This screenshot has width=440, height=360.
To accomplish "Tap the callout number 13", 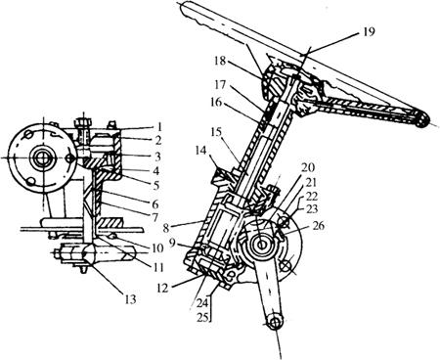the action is point(130,299).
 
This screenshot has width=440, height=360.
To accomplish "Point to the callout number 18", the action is point(220,61).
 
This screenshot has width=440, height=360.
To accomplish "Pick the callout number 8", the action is point(166,228).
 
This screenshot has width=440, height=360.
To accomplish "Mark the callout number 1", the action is point(158,126).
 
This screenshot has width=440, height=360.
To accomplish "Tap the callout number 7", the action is point(155,217).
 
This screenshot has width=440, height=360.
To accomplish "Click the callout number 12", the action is point(162,288).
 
